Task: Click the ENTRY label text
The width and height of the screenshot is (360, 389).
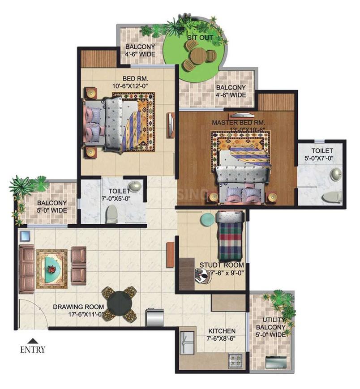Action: (x=33, y=350)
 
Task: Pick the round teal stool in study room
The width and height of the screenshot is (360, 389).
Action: (x=206, y=219)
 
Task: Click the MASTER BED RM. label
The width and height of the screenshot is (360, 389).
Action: (x=239, y=122)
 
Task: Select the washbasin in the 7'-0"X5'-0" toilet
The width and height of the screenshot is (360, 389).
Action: (x=134, y=186)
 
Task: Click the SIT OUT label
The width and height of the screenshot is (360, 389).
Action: (x=200, y=38)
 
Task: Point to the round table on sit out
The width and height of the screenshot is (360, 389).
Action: (x=197, y=56)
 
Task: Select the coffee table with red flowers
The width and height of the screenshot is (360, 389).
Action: (x=52, y=268)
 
